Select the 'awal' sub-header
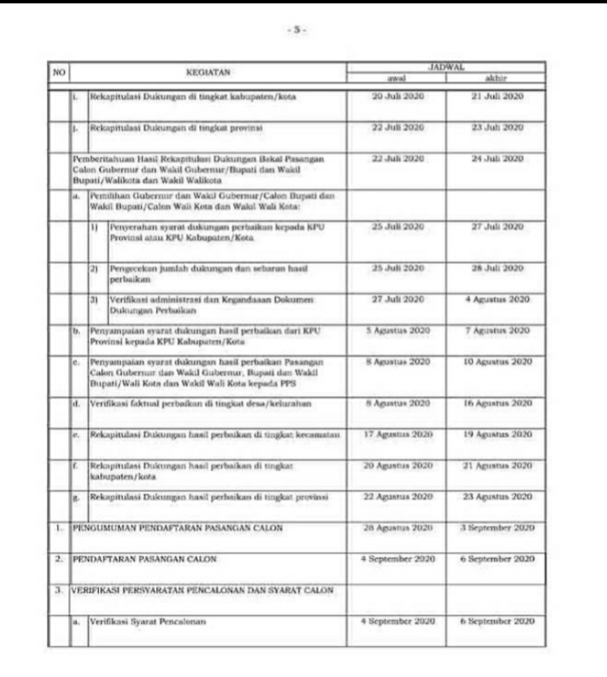(x=397, y=77)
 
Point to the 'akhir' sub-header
(x=497, y=77)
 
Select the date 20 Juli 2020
(x=397, y=97)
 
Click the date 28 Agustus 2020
(x=397, y=528)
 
